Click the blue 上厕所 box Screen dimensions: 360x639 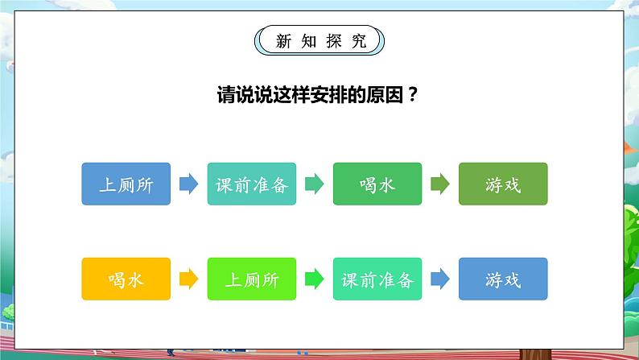click(x=126, y=184)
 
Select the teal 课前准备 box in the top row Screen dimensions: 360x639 click(x=252, y=184)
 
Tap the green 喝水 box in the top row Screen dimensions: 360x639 click(x=377, y=184)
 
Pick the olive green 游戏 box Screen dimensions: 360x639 click(x=503, y=184)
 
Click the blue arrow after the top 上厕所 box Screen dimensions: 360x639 click(x=188, y=184)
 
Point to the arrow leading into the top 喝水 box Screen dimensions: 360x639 click(x=314, y=184)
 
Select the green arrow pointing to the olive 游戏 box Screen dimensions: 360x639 click(x=439, y=184)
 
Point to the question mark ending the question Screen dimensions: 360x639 click(x=414, y=94)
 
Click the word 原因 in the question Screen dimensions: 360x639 click(x=383, y=94)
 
